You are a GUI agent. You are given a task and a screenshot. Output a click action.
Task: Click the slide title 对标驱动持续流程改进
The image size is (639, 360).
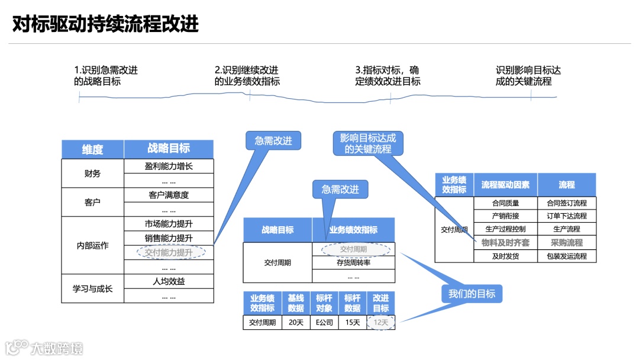[105, 24]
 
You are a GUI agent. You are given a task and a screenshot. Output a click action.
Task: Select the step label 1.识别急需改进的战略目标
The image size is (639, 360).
[106, 76]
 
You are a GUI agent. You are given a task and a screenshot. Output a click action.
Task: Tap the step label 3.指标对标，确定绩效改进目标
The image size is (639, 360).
[388, 76]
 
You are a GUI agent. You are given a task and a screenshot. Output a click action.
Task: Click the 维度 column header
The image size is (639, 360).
[92, 149]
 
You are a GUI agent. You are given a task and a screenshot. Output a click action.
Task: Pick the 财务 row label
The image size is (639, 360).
[92, 173]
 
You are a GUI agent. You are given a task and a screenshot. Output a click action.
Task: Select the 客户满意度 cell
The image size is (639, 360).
[169, 195]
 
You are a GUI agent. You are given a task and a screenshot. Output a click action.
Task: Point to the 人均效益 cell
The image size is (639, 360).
[169, 281]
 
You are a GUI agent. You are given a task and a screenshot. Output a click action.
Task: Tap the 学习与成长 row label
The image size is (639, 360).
[92, 289]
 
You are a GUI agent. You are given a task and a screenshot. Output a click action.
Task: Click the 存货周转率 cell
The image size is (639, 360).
[353, 262]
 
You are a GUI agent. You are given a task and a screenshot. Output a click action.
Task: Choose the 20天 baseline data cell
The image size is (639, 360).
[296, 323]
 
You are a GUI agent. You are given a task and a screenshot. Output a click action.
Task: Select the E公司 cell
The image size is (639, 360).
[324, 323]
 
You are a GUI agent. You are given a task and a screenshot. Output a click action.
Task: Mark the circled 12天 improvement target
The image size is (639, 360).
[381, 323]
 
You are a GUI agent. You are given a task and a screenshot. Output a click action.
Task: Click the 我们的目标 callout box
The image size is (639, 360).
[472, 293]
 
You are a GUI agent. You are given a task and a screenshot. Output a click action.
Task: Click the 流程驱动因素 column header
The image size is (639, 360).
[505, 185]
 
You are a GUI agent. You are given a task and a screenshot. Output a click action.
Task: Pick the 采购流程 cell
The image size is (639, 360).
[566, 243]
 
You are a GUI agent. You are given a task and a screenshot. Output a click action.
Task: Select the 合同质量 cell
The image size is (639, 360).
[505, 203]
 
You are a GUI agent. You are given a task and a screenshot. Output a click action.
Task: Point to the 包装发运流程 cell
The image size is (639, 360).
[566, 256]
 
